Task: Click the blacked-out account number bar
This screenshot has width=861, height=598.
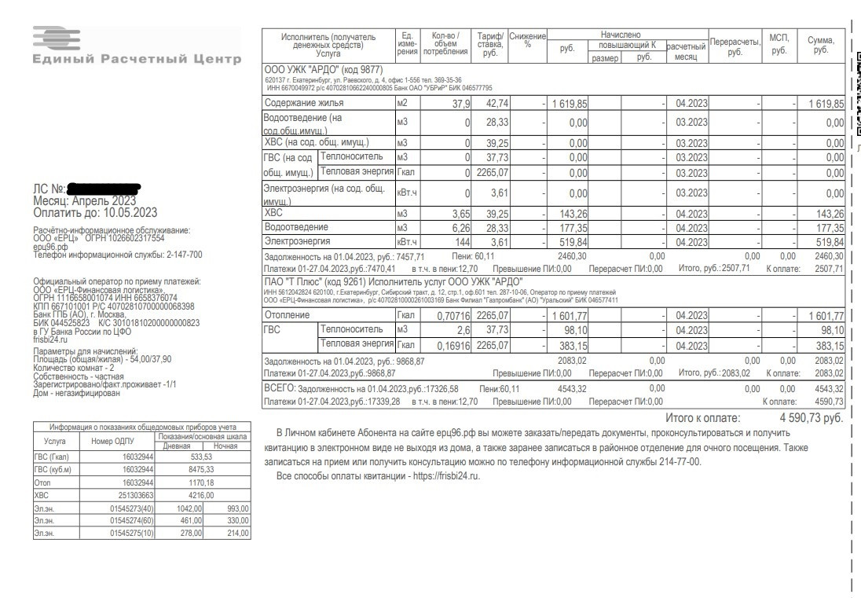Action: (104, 189)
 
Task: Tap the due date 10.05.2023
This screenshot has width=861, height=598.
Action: (130, 212)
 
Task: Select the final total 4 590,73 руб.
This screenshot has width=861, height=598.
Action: (811, 418)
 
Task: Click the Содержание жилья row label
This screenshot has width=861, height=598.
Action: (303, 104)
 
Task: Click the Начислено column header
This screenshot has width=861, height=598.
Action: (621, 35)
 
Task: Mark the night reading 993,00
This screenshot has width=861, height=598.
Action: (236, 508)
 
